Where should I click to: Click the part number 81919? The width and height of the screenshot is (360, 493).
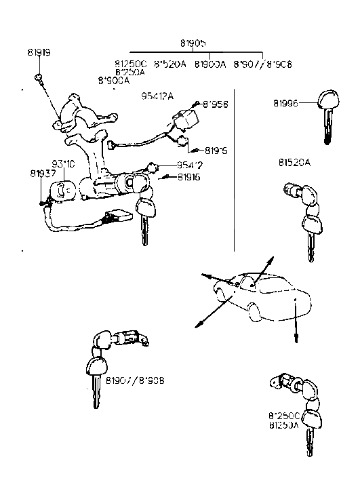tap(39, 52)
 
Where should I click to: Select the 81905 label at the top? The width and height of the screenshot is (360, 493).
tap(208, 42)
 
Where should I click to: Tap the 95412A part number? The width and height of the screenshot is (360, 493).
tap(157, 96)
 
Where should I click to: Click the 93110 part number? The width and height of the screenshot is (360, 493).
tap(64, 164)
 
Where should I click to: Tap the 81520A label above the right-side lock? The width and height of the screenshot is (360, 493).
tap(294, 163)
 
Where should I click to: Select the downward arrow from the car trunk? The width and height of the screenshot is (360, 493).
tap(296, 326)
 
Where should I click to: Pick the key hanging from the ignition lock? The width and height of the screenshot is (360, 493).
tap(146, 217)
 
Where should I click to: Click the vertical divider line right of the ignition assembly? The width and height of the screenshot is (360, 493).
tap(234, 170)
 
